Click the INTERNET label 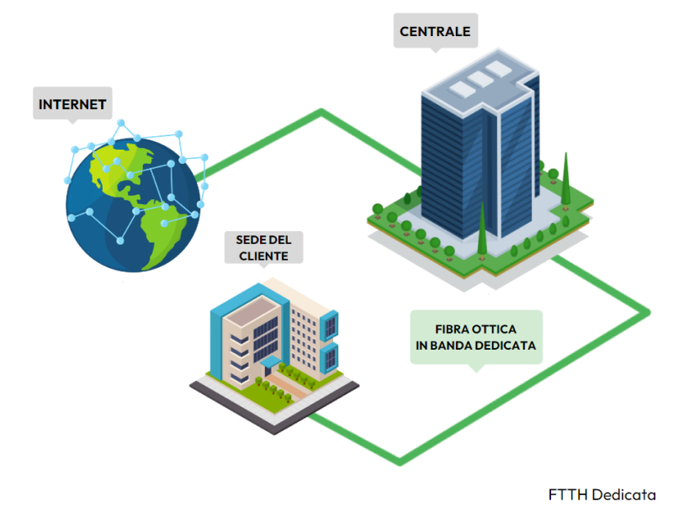(x=72, y=105)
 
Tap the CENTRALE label (x=435, y=32)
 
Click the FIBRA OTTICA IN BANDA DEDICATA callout (x=476, y=336)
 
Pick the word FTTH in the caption (x=568, y=494)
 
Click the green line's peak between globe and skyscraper (x=321, y=112)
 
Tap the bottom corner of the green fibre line (x=402, y=460)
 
